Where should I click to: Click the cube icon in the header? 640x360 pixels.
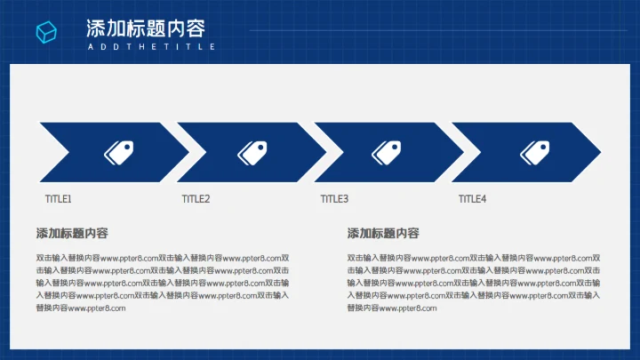click(x=46, y=32)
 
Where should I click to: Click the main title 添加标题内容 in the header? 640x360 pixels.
click(x=146, y=28)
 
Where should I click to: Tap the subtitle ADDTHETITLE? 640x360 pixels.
click(x=151, y=46)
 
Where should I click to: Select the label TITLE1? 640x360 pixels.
click(x=58, y=199)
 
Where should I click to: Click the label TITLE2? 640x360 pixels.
click(x=196, y=199)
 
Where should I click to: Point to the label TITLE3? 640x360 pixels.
click(x=334, y=199)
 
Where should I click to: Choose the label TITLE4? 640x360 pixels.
click(x=472, y=199)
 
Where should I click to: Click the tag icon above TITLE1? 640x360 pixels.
click(x=118, y=152)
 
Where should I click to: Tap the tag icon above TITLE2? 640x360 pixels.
click(x=252, y=152)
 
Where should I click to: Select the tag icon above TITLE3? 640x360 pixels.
click(x=387, y=152)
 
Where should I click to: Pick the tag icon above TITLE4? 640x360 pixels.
click(x=534, y=152)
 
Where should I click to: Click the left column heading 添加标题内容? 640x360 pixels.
click(x=72, y=234)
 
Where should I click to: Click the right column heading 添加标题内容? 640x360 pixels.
click(x=383, y=234)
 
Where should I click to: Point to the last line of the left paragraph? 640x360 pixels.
click(x=81, y=308)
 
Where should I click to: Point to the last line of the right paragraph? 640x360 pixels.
click(x=392, y=308)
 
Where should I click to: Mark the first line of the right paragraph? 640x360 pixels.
click(x=474, y=259)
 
